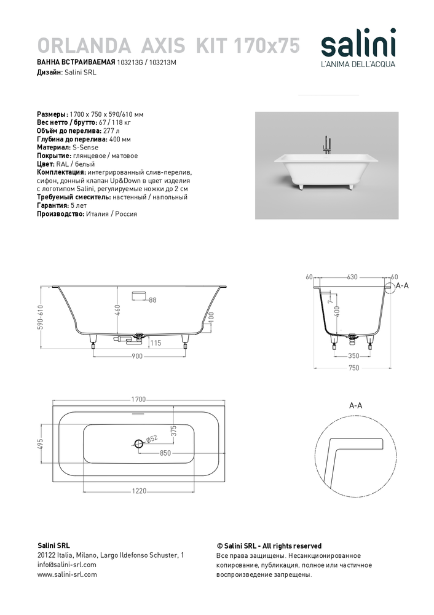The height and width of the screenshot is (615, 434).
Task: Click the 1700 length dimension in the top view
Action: pos(138,399)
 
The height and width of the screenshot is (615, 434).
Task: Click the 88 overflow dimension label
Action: pos(153,300)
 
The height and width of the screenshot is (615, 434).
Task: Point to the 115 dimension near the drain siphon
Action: pos(155,343)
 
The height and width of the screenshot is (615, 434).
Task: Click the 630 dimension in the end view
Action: pos(352,277)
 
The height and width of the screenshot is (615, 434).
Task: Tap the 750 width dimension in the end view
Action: pos(353,369)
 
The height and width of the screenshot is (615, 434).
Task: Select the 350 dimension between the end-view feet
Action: pos(352,355)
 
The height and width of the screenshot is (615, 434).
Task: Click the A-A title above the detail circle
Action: pos(355,406)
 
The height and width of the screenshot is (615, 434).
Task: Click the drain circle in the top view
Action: pos(138,443)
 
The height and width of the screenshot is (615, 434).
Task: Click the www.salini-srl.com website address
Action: pos(68,574)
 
